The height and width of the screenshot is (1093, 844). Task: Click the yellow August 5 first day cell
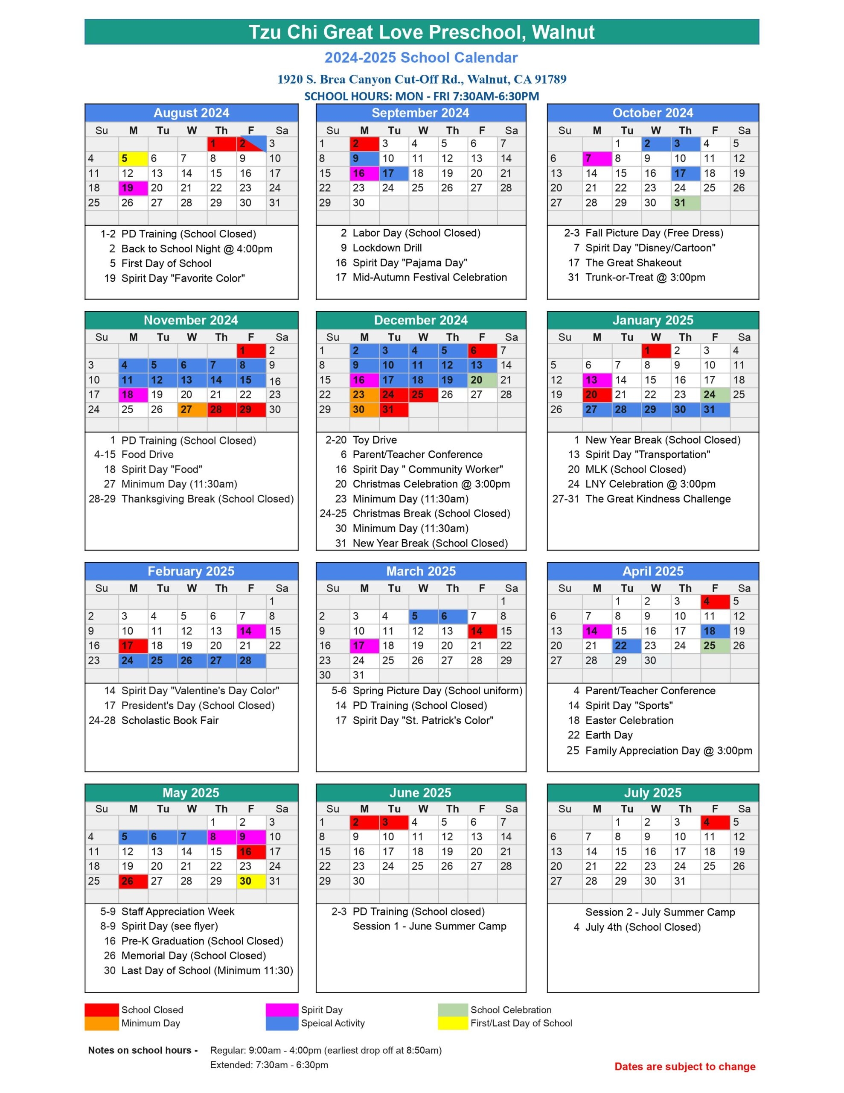tap(133, 159)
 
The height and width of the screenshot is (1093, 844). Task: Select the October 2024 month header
tap(652, 113)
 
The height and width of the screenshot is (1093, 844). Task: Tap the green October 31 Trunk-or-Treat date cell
tap(685, 203)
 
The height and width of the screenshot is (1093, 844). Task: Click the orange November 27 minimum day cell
tap(192, 409)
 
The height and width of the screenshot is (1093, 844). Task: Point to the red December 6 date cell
tap(482, 351)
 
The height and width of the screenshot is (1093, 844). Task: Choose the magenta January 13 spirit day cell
tap(597, 380)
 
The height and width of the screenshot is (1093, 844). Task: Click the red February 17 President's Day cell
tap(133, 646)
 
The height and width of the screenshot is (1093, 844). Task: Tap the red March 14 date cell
tap(482, 631)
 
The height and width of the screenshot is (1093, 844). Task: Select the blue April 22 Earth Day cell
tap(626, 646)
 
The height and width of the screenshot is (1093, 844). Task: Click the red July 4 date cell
tap(714, 822)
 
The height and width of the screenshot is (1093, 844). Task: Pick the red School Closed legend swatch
tap(102, 1010)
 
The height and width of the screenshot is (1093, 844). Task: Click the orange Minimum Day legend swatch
tap(102, 1023)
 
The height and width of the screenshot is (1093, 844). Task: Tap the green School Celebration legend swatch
tap(453, 1010)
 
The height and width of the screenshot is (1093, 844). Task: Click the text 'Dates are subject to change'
tap(684, 1067)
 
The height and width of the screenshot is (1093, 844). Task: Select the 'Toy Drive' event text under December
tap(375, 440)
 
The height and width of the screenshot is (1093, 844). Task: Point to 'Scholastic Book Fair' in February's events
tap(170, 720)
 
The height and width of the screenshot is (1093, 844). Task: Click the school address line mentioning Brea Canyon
tap(422, 79)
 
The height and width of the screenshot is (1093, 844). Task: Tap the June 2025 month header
tap(420, 793)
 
